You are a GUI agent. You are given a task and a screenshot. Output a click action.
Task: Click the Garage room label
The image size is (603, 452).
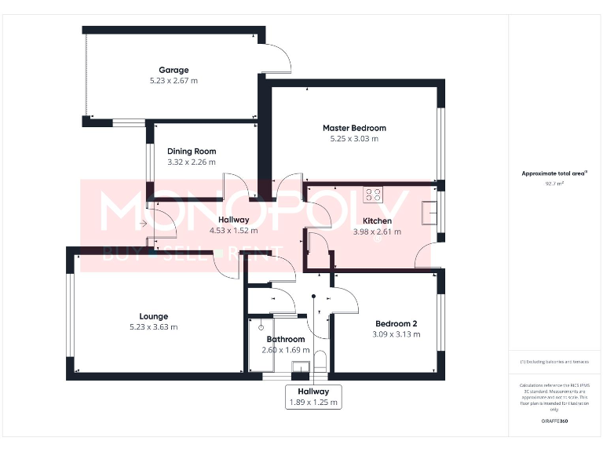pos(174,70)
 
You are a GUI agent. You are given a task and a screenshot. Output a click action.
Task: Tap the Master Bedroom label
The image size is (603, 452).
pos(354,128)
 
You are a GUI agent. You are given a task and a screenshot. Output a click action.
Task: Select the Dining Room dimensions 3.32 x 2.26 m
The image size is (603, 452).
pos(192,162)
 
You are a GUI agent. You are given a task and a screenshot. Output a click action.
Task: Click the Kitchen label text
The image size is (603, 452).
pos(377,221)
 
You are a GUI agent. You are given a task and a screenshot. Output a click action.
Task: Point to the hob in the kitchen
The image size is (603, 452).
pos(372,195)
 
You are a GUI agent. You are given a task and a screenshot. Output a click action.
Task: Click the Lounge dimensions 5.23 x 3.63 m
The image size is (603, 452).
pos(154,327)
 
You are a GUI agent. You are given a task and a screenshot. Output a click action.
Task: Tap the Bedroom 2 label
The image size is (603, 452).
pos(396,323)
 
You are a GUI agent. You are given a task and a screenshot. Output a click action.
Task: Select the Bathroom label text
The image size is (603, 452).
pos(285,339)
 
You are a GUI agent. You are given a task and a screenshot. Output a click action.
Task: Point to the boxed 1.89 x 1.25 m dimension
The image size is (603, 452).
pos(312,402)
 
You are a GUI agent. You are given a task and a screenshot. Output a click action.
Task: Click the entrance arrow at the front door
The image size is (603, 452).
pos(143,224)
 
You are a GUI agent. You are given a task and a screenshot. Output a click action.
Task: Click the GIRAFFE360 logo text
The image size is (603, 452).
pos(554,421)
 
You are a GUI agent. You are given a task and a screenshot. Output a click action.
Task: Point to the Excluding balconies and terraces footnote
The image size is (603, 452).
pos(555,362)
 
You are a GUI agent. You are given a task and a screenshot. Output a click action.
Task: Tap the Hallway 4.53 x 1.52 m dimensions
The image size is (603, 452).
pos(234,231)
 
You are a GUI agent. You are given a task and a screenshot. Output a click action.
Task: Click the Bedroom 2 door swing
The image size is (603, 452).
pos(345,298)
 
